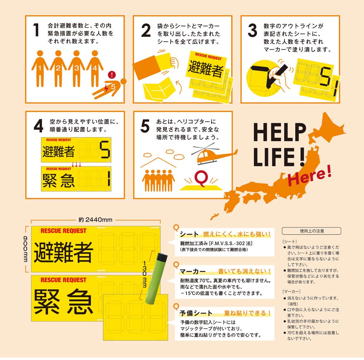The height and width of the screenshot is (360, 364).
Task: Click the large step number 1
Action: point(36,30)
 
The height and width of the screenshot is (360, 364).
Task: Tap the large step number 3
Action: point(252,30)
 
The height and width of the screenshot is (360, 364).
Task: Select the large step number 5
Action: point(145,126)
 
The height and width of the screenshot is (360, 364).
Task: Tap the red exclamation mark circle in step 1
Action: point(112,75)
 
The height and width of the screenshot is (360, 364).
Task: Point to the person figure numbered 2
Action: point(58,69)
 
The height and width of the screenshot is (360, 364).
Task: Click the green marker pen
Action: point(156,278)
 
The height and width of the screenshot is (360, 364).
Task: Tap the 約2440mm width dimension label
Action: point(95,220)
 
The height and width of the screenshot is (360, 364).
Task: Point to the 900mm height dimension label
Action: point(25,249)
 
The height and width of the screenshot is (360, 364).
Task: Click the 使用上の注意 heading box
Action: point(311,231)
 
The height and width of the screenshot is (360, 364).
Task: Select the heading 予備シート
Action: point(196,313)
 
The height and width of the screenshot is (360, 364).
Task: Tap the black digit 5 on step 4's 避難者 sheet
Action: point(105,150)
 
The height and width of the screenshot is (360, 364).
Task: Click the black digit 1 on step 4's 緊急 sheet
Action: point(108,179)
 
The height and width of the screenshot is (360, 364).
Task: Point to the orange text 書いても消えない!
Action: point(244,271)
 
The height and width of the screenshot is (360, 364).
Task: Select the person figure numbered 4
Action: point(95,69)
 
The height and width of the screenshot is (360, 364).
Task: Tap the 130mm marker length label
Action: point(145,274)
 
